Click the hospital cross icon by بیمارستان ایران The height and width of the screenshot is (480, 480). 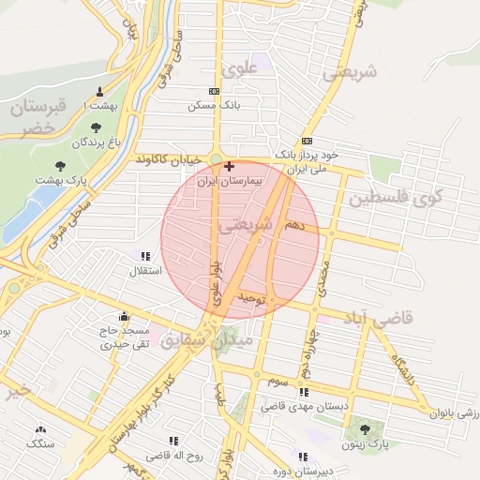pyautogui.click(x=230, y=165)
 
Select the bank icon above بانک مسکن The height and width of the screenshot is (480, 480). pyautogui.click(x=215, y=91)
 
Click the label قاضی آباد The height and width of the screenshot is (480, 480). pyautogui.click(x=381, y=320)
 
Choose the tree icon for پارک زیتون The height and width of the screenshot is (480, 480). pyautogui.click(x=365, y=429)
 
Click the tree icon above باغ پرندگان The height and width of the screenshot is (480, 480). pyautogui.click(x=96, y=127)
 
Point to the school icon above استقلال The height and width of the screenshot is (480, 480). pyautogui.click(x=144, y=256)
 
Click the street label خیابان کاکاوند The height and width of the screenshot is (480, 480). pyautogui.click(x=166, y=160)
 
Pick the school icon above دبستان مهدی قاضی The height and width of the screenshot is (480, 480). pyautogui.click(x=303, y=393)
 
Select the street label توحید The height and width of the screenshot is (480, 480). pyautogui.click(x=253, y=299)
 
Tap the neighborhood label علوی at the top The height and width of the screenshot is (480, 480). pyautogui.click(x=238, y=68)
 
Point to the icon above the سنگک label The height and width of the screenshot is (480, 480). pyautogui.click(x=40, y=428)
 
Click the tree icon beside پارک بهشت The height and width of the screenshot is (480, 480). pyautogui.click(x=61, y=165)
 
